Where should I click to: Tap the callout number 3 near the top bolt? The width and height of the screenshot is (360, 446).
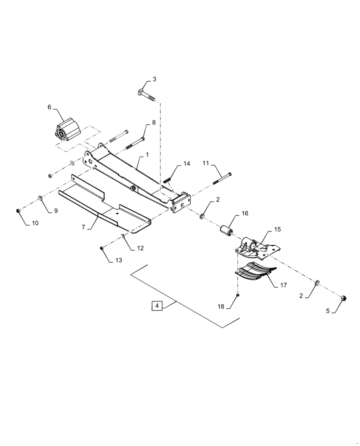pos(154,79)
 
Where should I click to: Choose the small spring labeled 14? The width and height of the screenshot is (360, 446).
pos(168,180)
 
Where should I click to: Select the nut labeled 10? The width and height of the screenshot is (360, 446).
pos(17,210)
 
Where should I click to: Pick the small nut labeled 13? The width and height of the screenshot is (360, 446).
pos(102,248)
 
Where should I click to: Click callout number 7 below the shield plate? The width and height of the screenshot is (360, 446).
pos(83,227)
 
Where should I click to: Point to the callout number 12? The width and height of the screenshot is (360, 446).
pos(140,248)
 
